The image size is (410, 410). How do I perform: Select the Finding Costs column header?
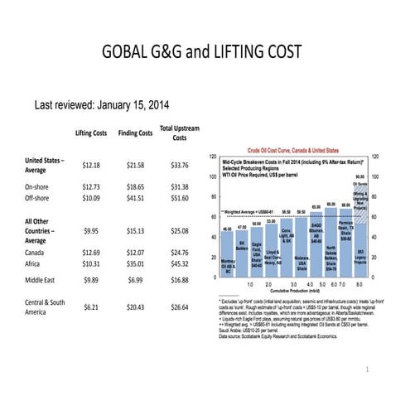pyautogui.click(x=135, y=133)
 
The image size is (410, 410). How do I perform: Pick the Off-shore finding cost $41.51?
pyautogui.click(x=135, y=200)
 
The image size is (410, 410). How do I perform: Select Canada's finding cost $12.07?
pyautogui.click(x=135, y=250)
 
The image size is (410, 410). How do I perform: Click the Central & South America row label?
pyautogui.click(x=46, y=308)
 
